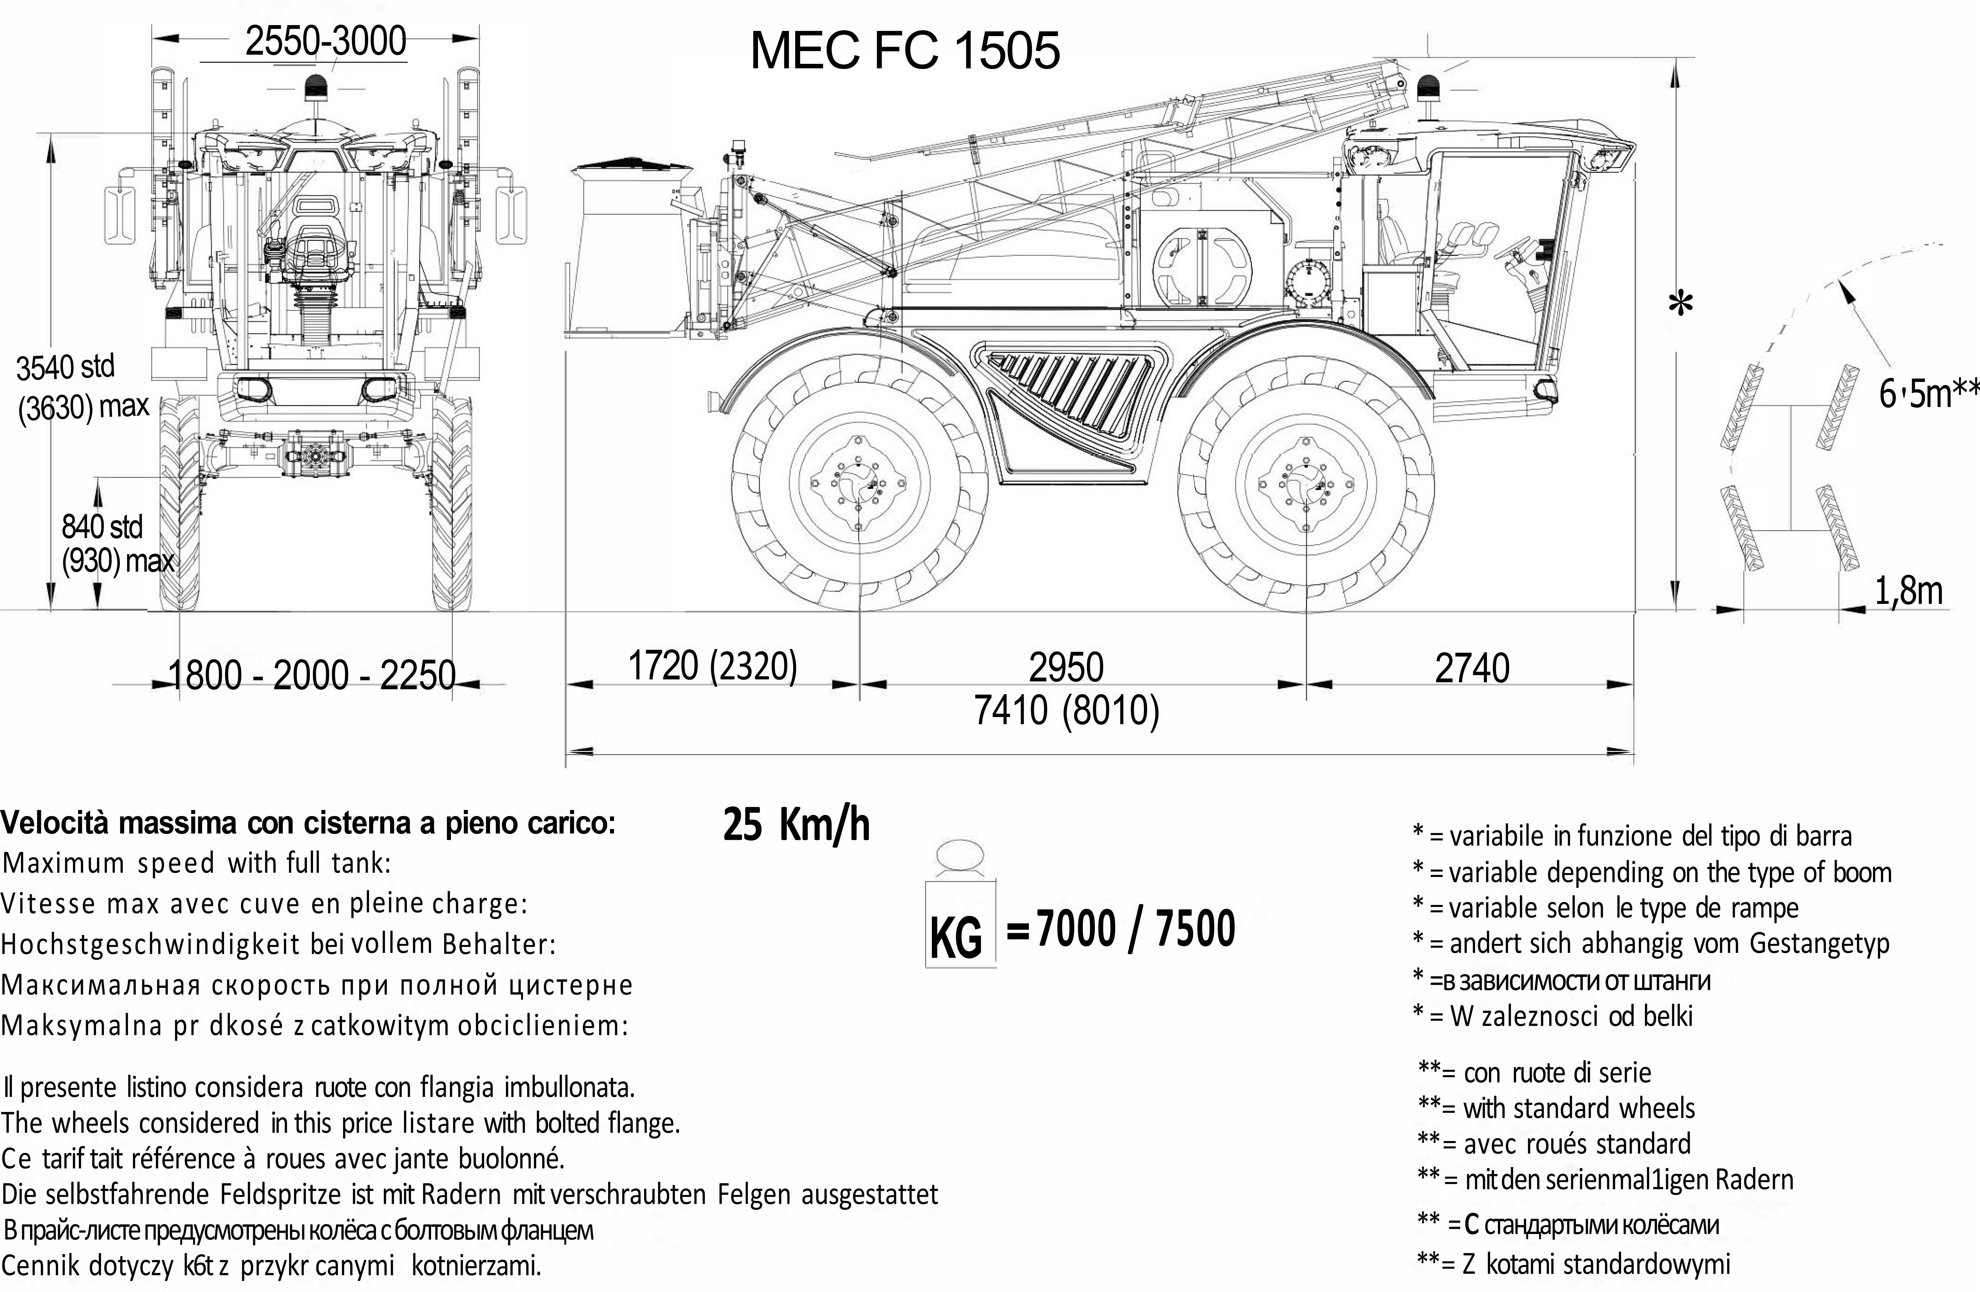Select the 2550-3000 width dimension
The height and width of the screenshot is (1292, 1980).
325,41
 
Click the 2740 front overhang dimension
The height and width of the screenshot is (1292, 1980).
1472,668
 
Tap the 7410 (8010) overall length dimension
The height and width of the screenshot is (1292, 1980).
1067,711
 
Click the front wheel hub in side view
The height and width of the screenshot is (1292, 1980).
1305,482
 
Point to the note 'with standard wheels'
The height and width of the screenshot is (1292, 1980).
1578,1108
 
